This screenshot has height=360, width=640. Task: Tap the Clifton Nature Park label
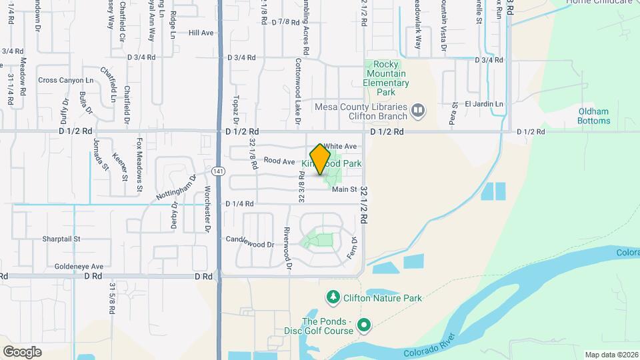[383, 298]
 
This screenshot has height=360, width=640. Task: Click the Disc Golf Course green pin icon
[363, 325]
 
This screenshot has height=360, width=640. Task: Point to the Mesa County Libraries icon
[418, 109]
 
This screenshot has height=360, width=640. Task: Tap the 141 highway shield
[218, 171]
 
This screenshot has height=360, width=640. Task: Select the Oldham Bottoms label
[594, 116]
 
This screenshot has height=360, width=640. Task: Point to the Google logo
[22, 351]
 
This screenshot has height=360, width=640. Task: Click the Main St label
[345, 189]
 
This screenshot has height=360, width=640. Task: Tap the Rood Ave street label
[279, 161]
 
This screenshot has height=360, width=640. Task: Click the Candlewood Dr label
[250, 245]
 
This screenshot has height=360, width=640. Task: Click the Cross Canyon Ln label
[66, 80]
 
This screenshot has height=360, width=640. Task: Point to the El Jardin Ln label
[484, 104]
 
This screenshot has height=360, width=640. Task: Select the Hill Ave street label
[201, 33]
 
